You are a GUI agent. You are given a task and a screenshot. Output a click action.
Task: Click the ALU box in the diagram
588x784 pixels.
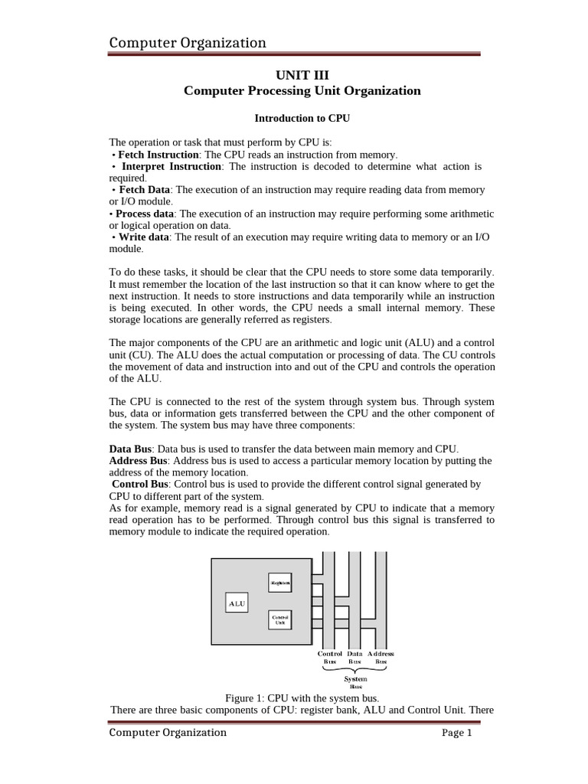pos(237,603)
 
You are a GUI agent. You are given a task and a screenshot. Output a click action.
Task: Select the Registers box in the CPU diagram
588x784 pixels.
pos(280,583)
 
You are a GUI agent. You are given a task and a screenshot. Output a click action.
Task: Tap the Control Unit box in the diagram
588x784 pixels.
pos(280,619)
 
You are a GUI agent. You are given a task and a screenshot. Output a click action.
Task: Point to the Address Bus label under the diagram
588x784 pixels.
pos(381,657)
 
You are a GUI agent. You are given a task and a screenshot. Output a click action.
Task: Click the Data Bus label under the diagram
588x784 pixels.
pos(354,657)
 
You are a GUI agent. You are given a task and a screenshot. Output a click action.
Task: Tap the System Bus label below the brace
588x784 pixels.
pos(355,682)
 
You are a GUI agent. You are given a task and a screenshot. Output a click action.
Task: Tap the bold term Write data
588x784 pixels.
pos(142,237)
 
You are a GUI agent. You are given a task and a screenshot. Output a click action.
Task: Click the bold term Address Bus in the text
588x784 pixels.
pos(139,460)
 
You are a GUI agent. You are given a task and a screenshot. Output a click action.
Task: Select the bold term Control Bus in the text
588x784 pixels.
pos(142,484)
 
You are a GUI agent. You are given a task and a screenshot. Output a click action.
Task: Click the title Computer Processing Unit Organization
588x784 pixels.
pos(302,90)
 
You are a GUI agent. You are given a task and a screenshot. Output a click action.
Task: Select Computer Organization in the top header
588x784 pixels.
pos(188,43)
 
